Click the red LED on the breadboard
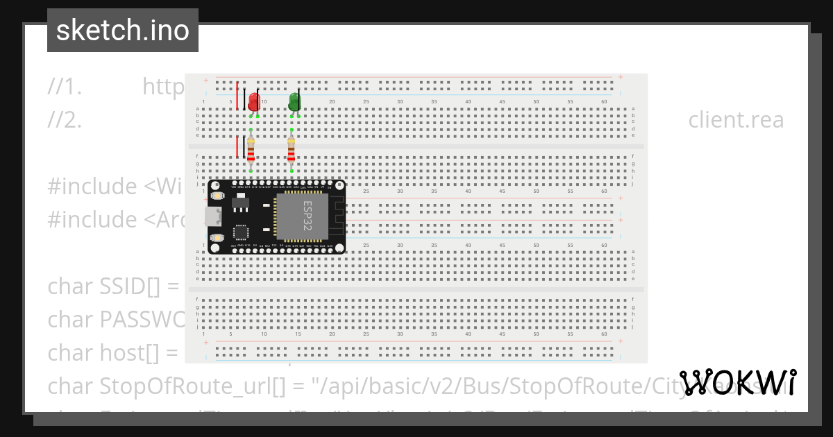click(x=253, y=103)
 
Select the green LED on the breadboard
click(x=294, y=103)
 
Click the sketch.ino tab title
click(x=123, y=31)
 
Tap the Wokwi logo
click(x=738, y=383)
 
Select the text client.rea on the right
click(x=736, y=120)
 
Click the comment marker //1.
click(x=65, y=87)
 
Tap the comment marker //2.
click(x=65, y=120)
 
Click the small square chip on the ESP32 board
click(x=241, y=232)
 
